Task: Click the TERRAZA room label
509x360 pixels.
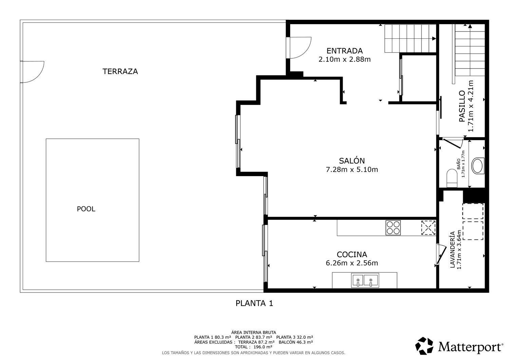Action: (x=120, y=71)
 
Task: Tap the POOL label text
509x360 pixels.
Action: (x=86, y=209)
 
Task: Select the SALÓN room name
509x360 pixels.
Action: (x=352, y=161)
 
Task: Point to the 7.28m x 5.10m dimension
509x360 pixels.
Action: (x=352, y=170)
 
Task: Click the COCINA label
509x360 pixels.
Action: (x=352, y=254)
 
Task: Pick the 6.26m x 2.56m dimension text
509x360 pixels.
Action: (x=352, y=263)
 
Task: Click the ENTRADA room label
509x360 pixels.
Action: (x=344, y=51)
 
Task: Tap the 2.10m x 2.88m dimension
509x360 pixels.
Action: (x=344, y=59)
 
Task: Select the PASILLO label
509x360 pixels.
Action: (x=462, y=106)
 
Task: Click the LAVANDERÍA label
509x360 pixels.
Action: (x=453, y=249)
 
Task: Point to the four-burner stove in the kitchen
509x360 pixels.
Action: (x=393, y=228)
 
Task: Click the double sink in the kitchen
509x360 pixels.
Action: (x=365, y=280)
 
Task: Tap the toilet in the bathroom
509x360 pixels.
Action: (x=452, y=178)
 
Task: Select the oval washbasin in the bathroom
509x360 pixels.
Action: (x=478, y=166)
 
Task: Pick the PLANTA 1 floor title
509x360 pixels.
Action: (x=254, y=303)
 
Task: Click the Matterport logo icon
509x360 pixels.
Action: (x=424, y=346)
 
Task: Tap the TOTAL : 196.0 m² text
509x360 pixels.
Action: (x=253, y=347)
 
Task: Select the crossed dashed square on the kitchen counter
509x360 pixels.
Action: (x=428, y=228)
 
